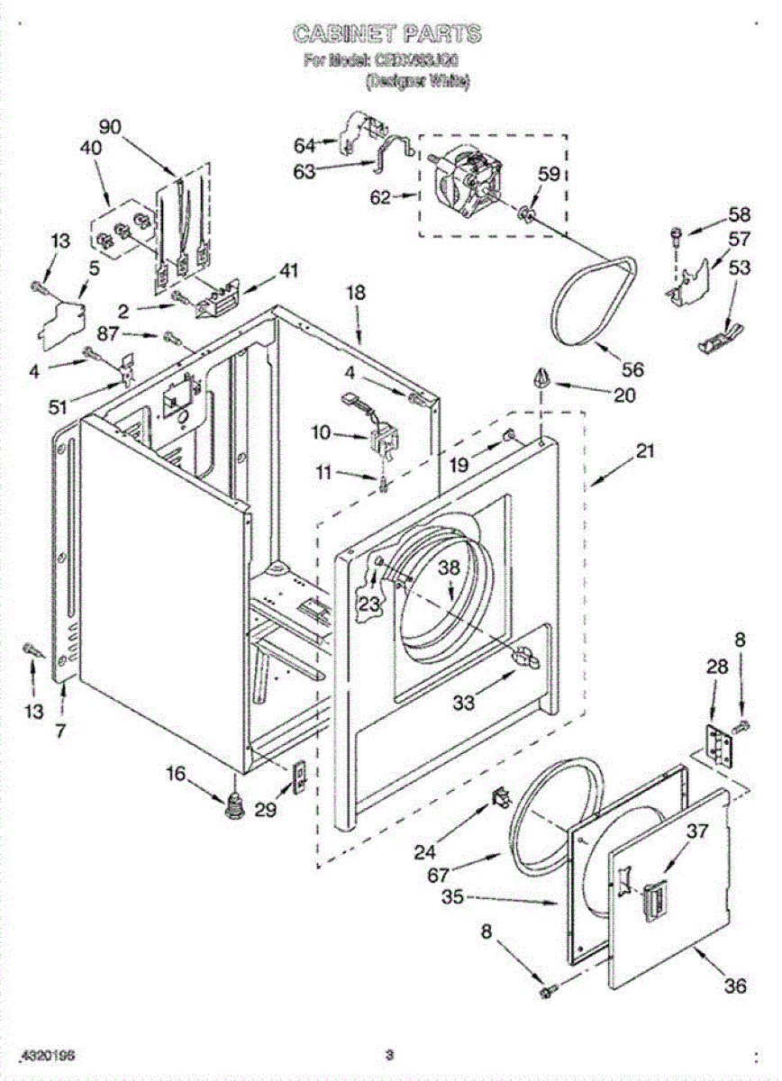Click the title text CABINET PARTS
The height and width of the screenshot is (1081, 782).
point(386,35)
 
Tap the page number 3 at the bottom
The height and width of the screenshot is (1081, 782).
point(389,1055)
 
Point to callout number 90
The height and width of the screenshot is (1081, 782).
point(110,127)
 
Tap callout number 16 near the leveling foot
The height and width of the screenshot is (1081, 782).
point(176,772)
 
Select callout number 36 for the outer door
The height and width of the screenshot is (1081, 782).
point(735,986)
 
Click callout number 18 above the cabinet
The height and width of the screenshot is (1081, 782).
point(357,292)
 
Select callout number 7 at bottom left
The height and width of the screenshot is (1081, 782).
point(60,731)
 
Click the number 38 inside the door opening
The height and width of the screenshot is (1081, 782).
point(450,568)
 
